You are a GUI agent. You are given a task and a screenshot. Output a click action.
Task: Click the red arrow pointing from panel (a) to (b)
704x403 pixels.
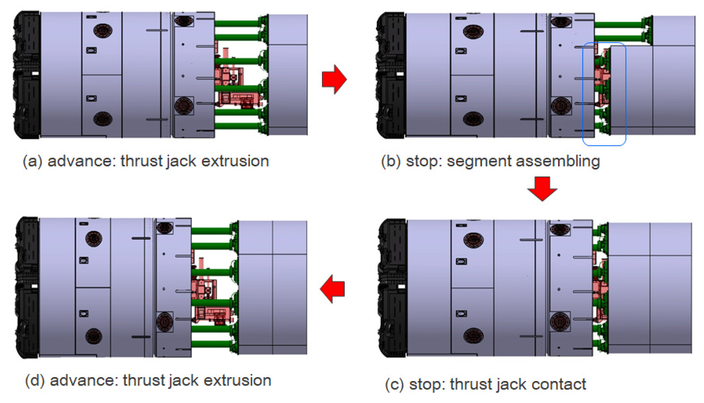pyautogui.click(x=334, y=80)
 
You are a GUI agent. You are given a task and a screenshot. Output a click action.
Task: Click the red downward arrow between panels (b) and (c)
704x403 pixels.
pyautogui.click(x=542, y=189)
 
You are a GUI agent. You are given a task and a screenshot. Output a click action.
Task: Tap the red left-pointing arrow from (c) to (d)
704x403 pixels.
pyautogui.click(x=332, y=289)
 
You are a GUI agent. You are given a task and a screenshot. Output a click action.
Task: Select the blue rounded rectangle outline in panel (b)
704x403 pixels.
pyautogui.click(x=604, y=94)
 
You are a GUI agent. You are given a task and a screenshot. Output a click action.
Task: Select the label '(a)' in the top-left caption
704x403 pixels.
pyautogui.click(x=32, y=161)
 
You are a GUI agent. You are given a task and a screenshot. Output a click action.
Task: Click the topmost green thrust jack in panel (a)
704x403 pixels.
pyautogui.click(x=239, y=23)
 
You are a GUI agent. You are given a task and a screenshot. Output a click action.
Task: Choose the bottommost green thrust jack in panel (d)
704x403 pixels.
pyautogui.click(x=214, y=344)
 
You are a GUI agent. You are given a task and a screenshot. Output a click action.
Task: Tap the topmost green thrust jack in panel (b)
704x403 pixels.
pyautogui.click(x=622, y=25)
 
